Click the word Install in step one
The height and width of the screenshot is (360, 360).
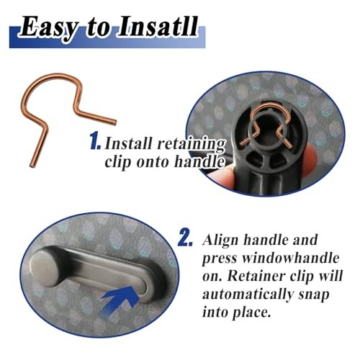click(130, 143)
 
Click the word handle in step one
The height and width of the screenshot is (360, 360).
click(201, 163)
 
